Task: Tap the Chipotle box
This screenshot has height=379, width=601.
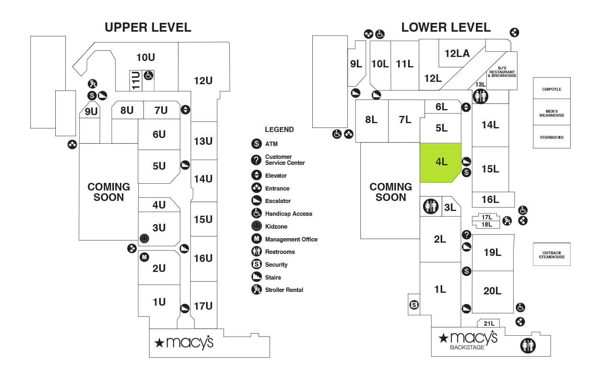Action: (551, 89)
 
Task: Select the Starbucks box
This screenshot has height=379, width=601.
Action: (551, 137)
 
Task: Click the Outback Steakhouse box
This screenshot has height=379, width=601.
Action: (551, 255)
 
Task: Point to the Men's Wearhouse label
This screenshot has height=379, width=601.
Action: (551, 113)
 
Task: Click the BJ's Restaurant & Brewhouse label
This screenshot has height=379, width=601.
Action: (502, 72)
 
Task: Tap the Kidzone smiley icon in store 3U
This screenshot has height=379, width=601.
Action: (144, 239)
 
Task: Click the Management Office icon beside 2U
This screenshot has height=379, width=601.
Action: (144, 257)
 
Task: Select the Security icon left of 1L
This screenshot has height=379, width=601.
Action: (414, 305)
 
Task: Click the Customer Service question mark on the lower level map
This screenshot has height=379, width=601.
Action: (466, 235)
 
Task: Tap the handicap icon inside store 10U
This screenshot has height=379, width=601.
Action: (148, 75)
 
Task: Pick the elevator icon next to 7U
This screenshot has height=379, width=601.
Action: (185, 109)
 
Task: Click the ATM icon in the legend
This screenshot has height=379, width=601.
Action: (257, 144)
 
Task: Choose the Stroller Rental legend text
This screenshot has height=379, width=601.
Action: (284, 290)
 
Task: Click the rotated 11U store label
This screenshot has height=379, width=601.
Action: (136, 80)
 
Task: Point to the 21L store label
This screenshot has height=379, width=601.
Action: (489, 323)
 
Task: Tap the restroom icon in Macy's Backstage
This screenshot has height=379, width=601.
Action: (528, 345)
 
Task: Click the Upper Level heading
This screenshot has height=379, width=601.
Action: (148, 27)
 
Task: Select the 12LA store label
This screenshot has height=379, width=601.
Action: (457, 53)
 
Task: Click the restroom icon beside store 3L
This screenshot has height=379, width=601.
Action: (431, 207)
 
